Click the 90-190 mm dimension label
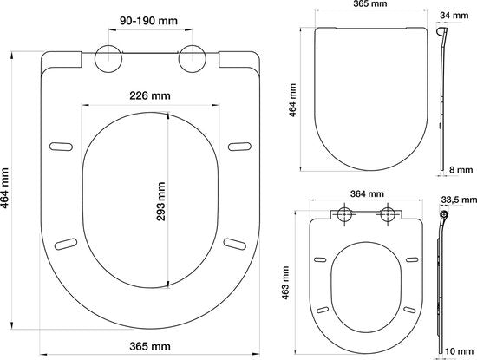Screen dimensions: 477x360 click(148, 21)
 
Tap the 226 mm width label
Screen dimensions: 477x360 click(150, 95)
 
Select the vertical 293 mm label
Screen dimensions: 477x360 click(160, 201)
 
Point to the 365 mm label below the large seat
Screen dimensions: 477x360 click(150, 346)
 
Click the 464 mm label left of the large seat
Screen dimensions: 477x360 click(4, 187)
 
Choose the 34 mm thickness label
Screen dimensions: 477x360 click(454, 16)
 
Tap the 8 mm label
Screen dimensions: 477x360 click(461, 169)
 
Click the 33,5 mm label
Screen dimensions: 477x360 click(459, 200)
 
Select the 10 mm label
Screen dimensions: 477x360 click(460, 351)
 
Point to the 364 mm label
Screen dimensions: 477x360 click(367, 193)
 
